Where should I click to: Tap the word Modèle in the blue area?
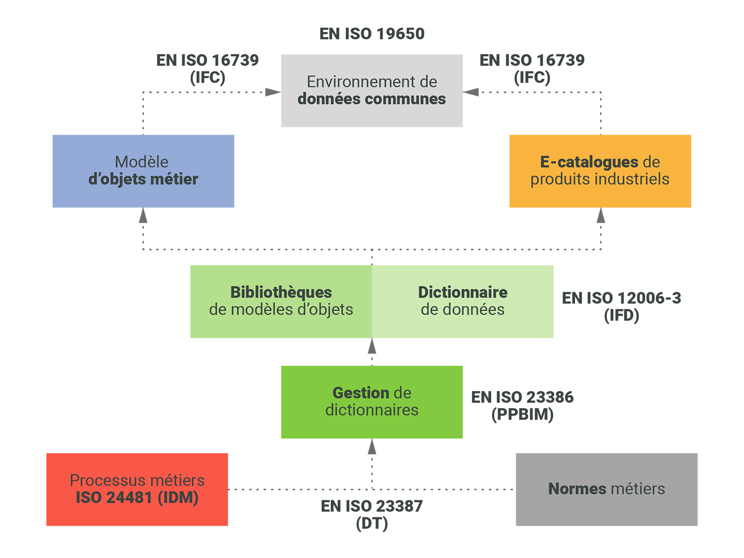click(x=141, y=162)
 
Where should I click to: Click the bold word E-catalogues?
click(x=589, y=162)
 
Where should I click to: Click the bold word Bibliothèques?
click(x=281, y=292)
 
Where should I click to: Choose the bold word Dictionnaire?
click(x=462, y=292)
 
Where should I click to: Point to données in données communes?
click(x=327, y=99)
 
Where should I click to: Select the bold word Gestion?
click(x=361, y=393)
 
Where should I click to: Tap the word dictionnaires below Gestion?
click(x=371, y=410)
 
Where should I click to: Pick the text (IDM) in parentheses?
click(x=178, y=498)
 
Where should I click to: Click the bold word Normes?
click(x=577, y=489)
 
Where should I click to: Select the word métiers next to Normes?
click(x=638, y=489)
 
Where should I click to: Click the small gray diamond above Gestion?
click(x=372, y=351)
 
